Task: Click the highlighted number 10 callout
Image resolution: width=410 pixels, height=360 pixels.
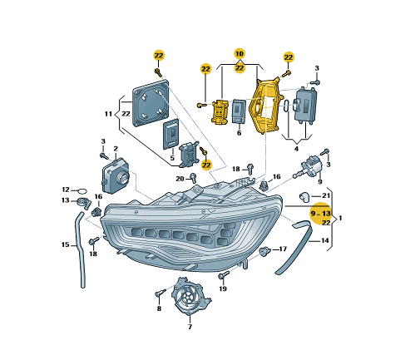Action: (240, 54)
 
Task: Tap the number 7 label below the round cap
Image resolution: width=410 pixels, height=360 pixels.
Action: (189, 327)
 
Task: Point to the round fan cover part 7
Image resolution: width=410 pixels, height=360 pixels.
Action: (190, 298)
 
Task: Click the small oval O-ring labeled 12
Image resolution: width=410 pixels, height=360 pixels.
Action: (81, 190)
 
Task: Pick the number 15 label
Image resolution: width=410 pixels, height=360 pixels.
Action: (64, 244)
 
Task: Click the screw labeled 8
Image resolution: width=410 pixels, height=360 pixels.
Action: (159, 293)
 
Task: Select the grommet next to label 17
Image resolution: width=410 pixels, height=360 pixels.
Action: (265, 249)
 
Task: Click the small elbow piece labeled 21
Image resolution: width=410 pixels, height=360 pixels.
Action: (305, 196)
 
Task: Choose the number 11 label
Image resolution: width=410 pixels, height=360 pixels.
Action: (108, 113)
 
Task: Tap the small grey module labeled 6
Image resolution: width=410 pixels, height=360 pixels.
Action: (239, 112)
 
